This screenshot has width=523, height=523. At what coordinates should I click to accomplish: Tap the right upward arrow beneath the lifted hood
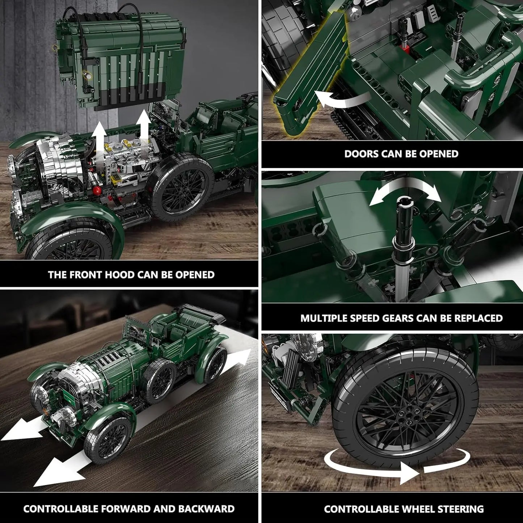coord(144,125)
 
